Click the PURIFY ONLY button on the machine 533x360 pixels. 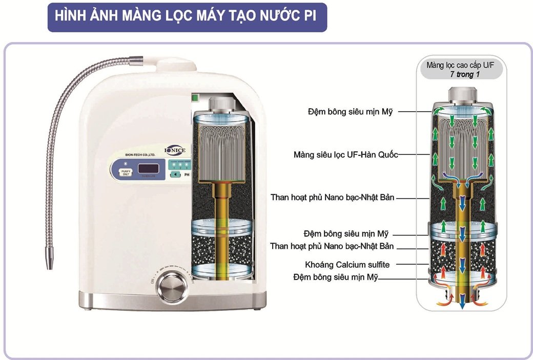coord(124,171)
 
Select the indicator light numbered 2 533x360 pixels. coord(180,166)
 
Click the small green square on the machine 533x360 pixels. coord(195,96)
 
